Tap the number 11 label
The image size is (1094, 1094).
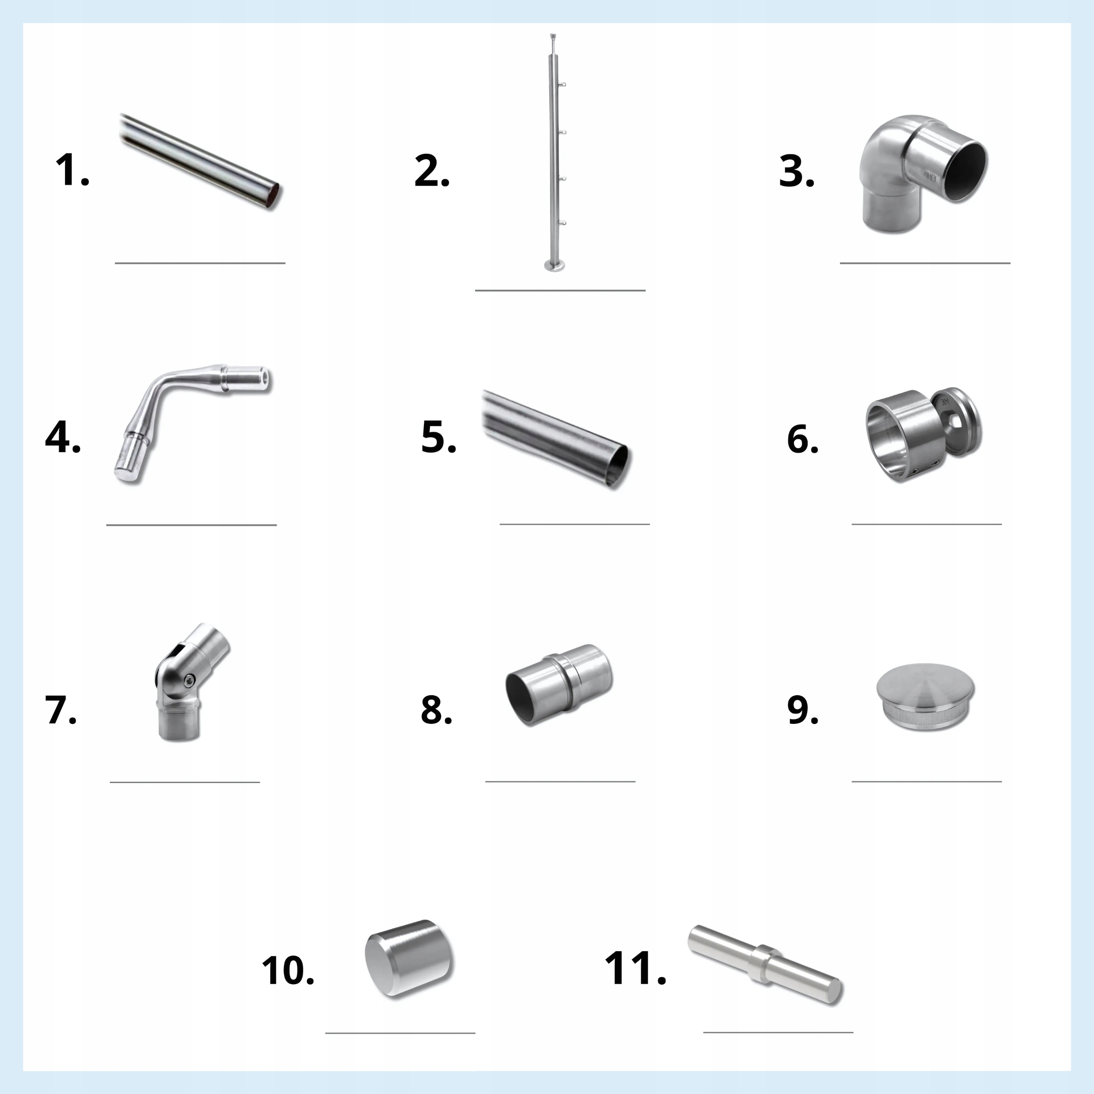(635, 968)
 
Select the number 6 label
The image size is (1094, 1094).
(803, 439)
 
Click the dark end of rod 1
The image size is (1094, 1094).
(273, 194)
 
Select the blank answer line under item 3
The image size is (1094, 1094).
(925, 263)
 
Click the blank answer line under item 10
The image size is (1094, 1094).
(400, 1049)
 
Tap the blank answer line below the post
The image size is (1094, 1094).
(560, 291)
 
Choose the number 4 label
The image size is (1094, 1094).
(63, 438)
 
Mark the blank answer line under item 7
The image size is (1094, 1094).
(185, 782)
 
